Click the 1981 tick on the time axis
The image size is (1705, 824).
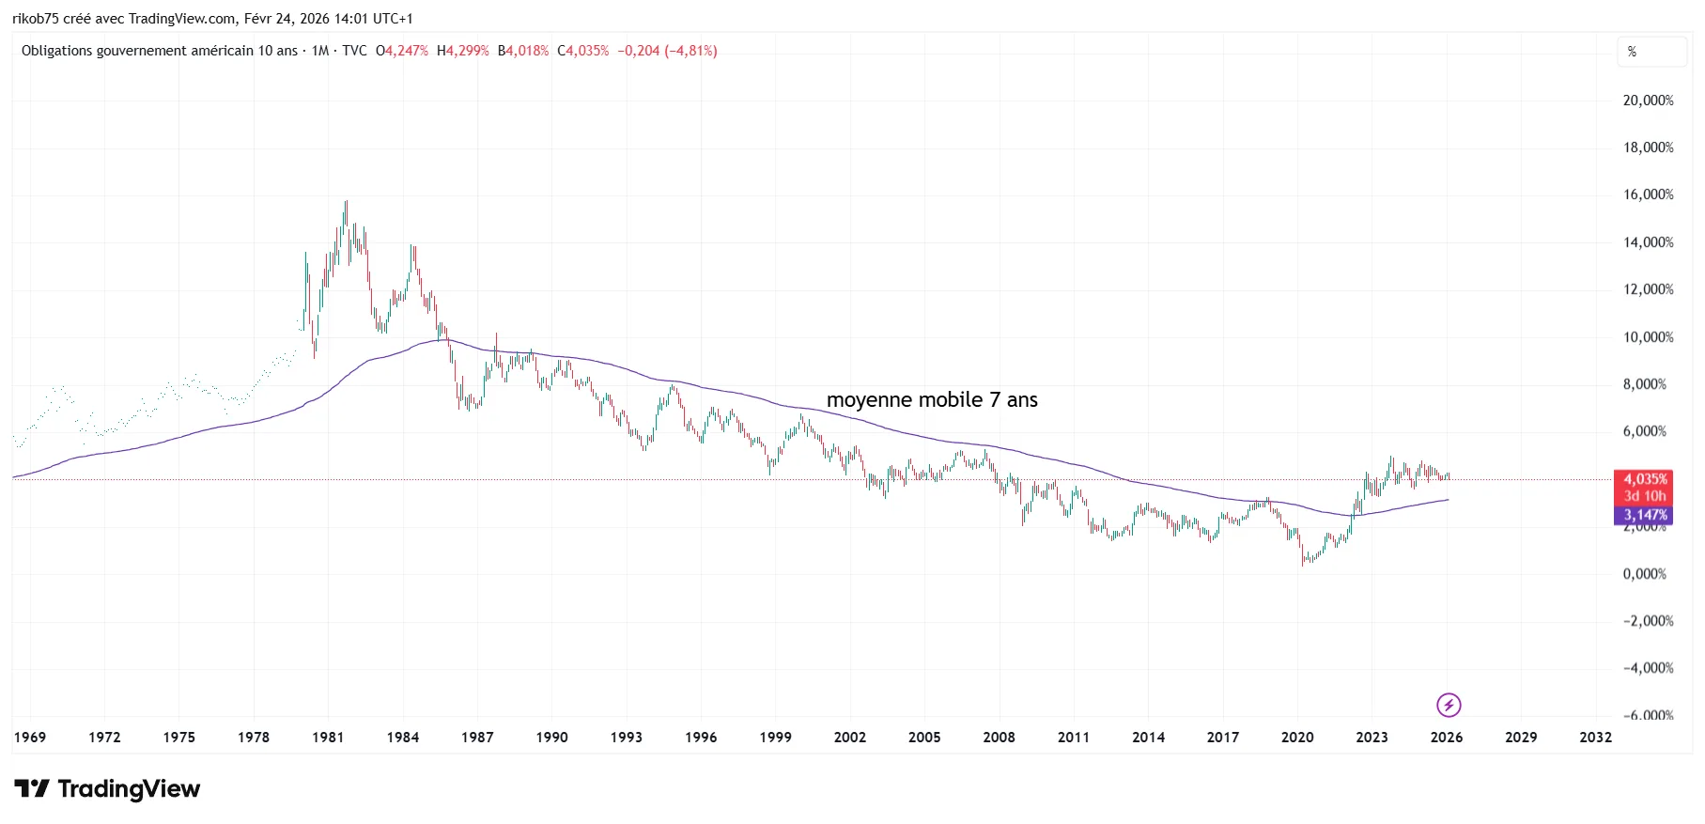point(328,738)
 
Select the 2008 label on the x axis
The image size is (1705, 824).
point(999,738)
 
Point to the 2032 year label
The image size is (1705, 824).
point(1595,738)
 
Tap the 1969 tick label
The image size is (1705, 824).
point(30,738)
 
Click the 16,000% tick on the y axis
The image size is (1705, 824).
point(1648,194)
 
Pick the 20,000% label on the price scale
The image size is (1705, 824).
point(1648,101)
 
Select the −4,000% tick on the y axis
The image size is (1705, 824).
point(1648,668)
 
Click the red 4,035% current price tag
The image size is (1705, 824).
point(1645,479)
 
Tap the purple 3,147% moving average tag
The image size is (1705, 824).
point(1645,515)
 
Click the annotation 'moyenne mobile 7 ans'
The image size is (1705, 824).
point(932,400)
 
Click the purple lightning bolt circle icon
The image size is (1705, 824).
point(1449,705)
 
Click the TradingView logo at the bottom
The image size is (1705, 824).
point(107,788)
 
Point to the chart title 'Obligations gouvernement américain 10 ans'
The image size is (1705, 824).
point(160,51)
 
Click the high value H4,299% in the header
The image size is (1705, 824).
point(463,51)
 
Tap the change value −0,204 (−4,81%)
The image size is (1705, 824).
point(667,51)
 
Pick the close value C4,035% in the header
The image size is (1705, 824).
point(582,51)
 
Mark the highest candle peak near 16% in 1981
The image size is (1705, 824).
point(346,202)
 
